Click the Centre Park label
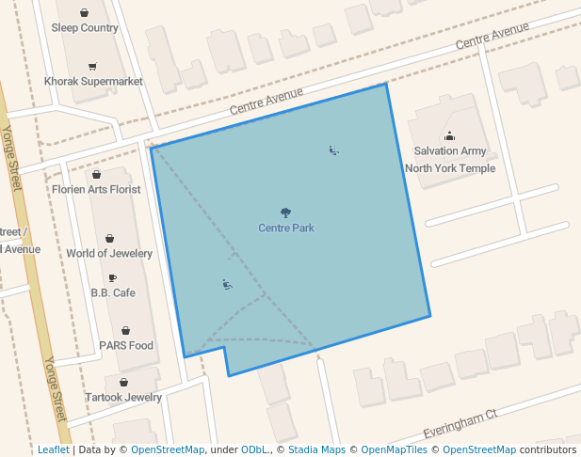tap(286, 228)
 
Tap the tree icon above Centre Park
tap(286, 213)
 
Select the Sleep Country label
tap(85, 28)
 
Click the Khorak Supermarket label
tap(93, 82)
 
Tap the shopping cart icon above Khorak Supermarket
tap(92, 67)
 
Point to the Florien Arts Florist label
tap(97, 189)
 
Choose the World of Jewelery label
tap(109, 254)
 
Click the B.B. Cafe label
tap(113, 292)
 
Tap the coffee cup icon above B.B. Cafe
tap(113, 278)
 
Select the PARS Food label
tap(126, 345)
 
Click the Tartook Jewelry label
tap(123, 398)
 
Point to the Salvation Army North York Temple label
tap(449, 159)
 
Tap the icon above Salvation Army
tap(449, 136)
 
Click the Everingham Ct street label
tap(460, 422)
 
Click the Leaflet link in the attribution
tap(53, 449)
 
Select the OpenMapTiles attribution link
tap(396, 449)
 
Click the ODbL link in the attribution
tap(254, 449)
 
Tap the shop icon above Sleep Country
tap(85, 13)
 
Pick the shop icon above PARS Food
tap(125, 331)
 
